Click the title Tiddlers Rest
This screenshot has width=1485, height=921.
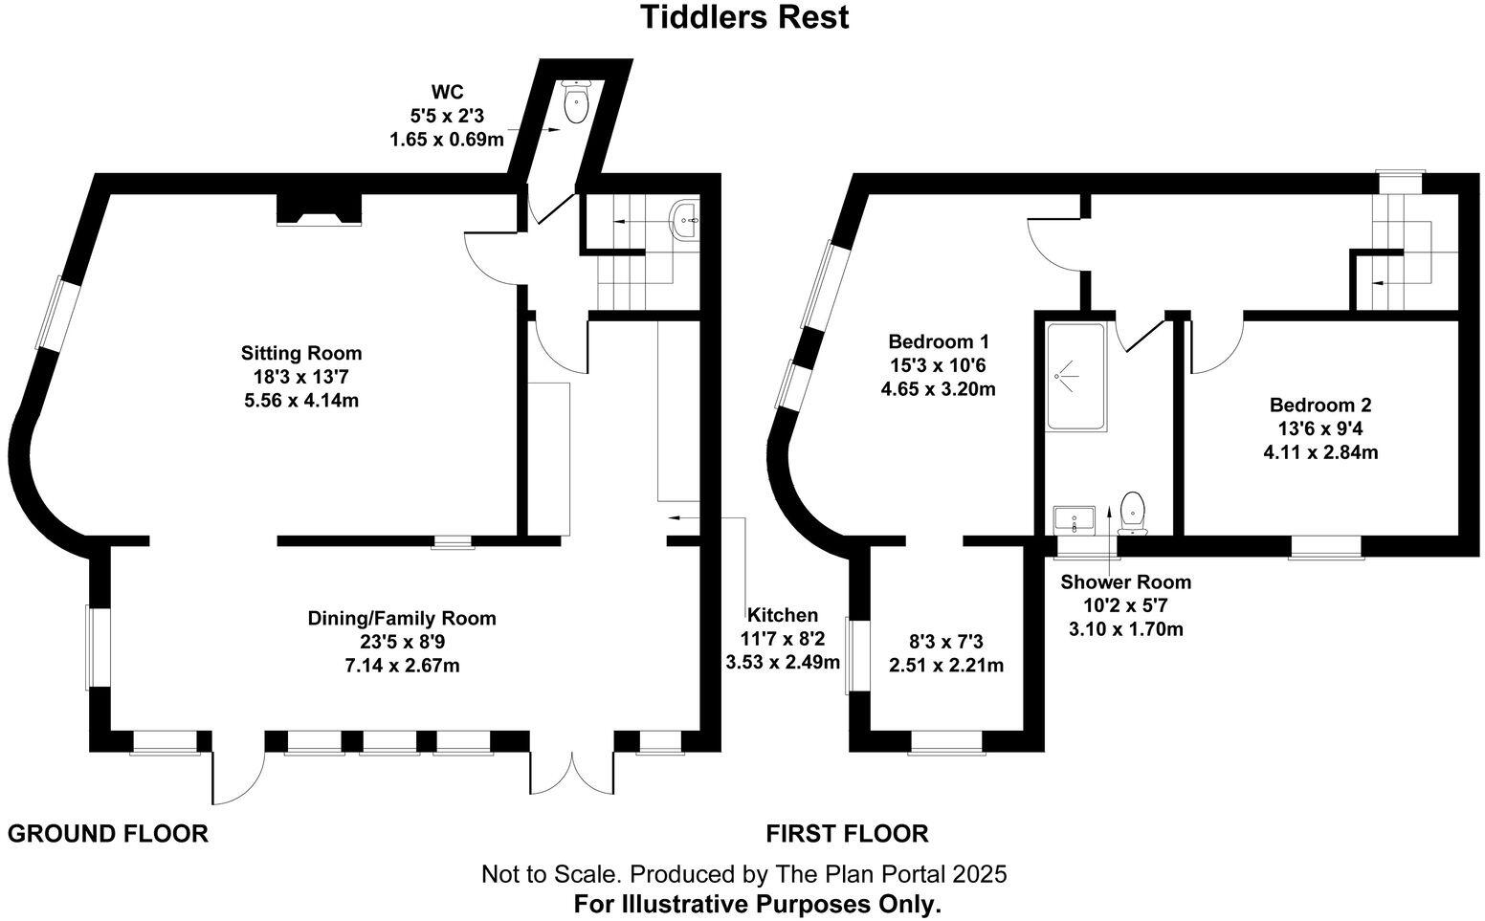point(743,17)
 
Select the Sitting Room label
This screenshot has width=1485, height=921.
point(301,353)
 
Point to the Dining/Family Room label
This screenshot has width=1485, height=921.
point(402,619)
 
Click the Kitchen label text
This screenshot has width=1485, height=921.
point(783,615)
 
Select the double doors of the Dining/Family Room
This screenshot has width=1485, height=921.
point(570,773)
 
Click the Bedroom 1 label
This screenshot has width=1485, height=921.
point(938,341)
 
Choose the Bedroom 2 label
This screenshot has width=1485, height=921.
point(1320,406)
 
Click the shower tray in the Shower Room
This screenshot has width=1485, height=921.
point(1076,377)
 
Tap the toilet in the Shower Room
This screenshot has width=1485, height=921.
point(1133,512)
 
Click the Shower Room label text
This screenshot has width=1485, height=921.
point(1125,581)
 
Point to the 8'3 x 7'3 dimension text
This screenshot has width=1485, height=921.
point(945,642)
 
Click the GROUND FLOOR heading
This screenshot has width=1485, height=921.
point(108,834)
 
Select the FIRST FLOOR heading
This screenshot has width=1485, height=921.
point(847,834)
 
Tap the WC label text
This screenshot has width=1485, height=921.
point(447,93)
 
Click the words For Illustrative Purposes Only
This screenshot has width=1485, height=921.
point(757,904)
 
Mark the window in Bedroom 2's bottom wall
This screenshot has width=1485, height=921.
point(1325,547)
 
